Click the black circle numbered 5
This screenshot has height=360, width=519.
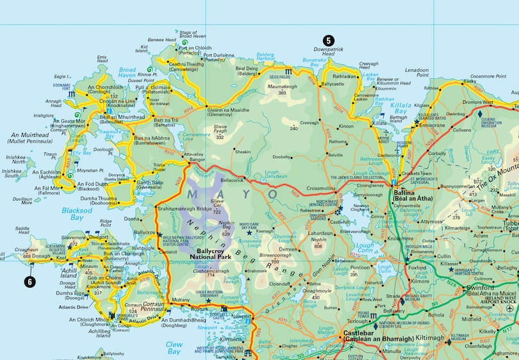[327, 40]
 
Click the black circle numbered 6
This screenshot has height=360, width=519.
[29, 280]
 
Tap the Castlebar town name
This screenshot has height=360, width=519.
[364, 336]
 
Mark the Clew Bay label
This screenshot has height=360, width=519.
[174, 347]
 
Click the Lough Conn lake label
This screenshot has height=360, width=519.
[365, 247]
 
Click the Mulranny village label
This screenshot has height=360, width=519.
[180, 299]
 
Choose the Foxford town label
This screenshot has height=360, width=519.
[419, 269]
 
